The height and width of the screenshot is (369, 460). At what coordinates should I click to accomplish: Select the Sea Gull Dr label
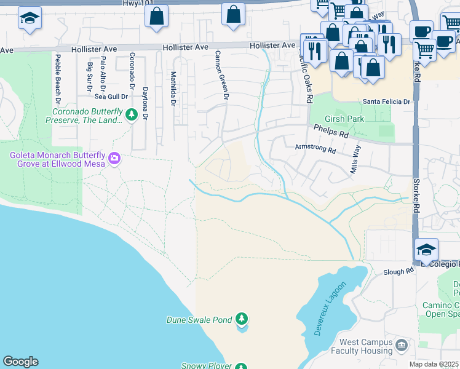click(x=111, y=96)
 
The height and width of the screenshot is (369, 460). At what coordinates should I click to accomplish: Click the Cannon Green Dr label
click(x=221, y=75)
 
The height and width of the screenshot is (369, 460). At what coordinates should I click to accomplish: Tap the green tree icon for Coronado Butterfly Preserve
click(x=131, y=115)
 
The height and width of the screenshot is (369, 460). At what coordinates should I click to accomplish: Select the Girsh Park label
click(x=345, y=119)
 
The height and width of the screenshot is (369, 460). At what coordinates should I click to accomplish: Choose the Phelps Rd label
click(x=330, y=130)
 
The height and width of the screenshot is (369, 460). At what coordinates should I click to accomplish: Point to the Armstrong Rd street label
click(x=315, y=148)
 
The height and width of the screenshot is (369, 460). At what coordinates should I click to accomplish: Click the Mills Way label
click(x=355, y=159)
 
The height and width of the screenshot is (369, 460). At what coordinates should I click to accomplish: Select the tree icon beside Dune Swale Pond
click(x=242, y=319)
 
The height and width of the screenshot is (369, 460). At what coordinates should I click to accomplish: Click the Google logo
click(x=20, y=362)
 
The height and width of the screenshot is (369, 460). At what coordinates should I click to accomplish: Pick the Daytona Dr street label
click(x=145, y=103)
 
